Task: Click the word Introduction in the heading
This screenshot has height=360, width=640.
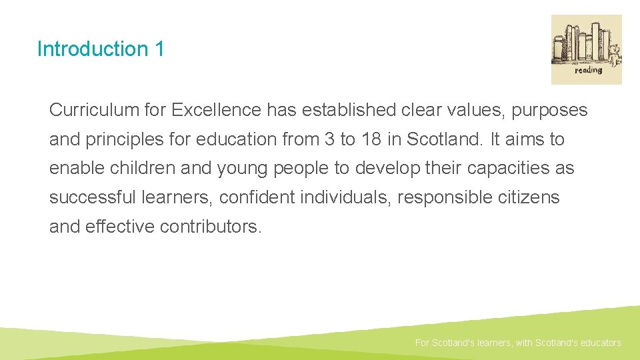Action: [x=83, y=49]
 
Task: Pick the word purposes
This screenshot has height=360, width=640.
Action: [x=549, y=110]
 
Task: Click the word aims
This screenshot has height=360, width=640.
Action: [x=523, y=139]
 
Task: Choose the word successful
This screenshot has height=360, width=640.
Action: [x=93, y=197]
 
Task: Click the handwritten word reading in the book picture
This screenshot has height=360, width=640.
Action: [x=588, y=70]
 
